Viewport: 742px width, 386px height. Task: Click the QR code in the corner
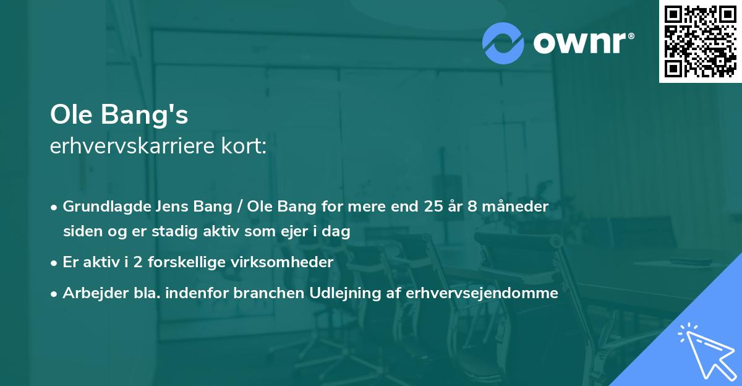coord(700,41)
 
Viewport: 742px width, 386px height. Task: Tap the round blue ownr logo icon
coord(503,43)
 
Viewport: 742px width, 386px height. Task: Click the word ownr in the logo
coord(582,43)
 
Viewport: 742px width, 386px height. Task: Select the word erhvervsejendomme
coord(482,293)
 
